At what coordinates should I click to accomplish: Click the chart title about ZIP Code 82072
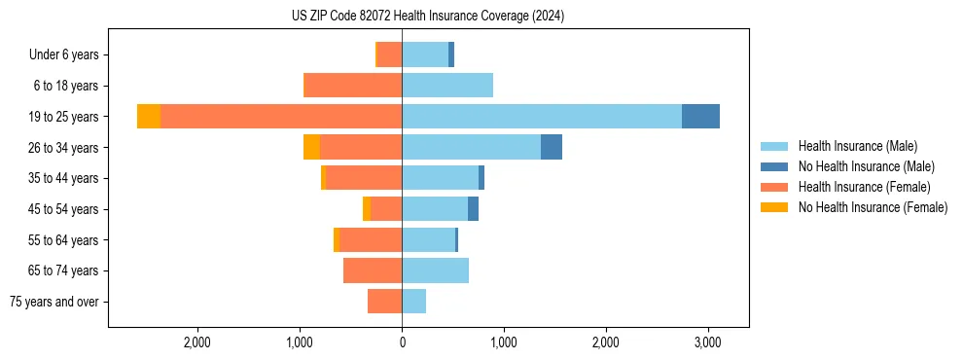tap(427, 17)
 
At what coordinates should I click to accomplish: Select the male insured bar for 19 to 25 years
tap(541, 116)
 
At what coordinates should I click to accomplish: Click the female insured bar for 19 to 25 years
tap(280, 116)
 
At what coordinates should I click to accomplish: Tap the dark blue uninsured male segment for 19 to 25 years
tap(700, 116)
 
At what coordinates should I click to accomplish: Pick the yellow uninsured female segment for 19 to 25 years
tap(149, 116)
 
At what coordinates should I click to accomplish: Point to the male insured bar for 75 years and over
tap(413, 302)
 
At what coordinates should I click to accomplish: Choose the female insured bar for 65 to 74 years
tap(373, 270)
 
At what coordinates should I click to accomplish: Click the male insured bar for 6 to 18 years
tap(447, 85)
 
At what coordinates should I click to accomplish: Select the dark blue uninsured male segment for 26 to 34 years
tap(552, 147)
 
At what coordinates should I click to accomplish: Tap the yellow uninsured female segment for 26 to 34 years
tap(311, 147)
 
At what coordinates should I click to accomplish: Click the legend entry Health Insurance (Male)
tap(857, 146)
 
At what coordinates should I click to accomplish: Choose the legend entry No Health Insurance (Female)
tap(872, 207)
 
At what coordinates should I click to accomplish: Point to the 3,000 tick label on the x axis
tap(707, 342)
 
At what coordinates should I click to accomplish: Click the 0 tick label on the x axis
tap(402, 342)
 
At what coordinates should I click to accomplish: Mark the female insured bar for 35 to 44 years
tap(364, 178)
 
